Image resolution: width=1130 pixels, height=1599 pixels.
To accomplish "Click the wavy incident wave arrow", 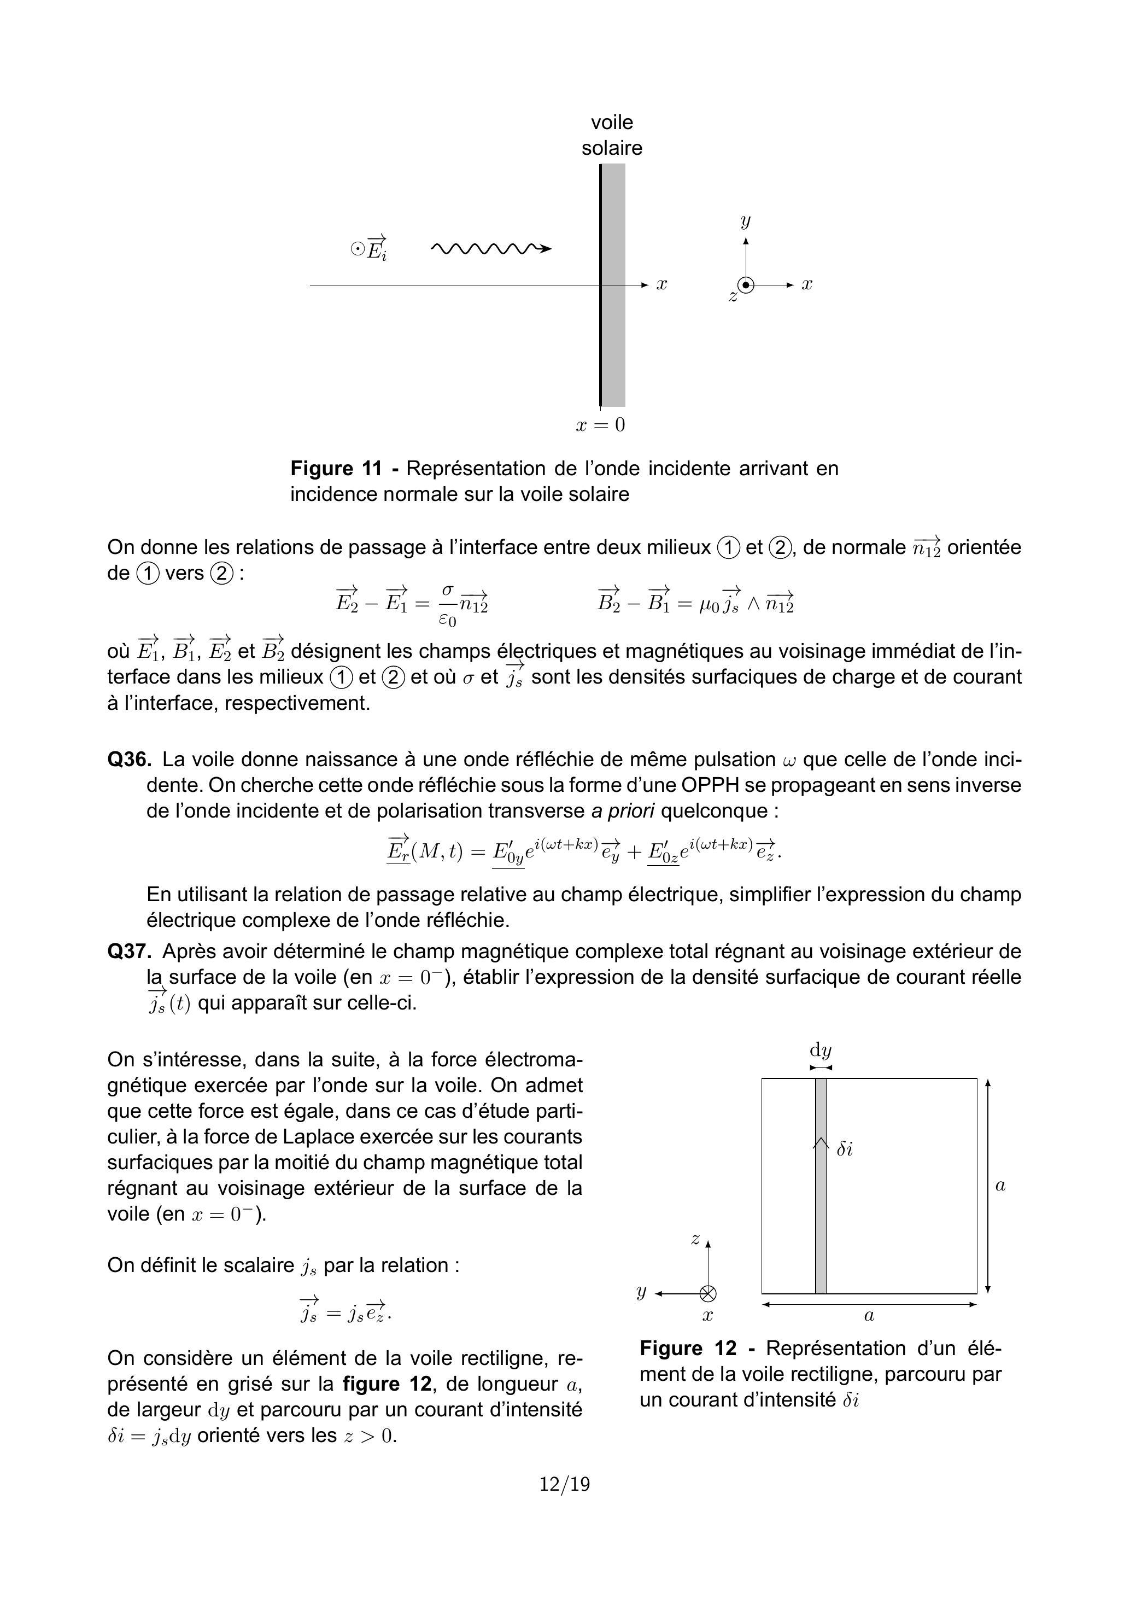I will pos(491,248).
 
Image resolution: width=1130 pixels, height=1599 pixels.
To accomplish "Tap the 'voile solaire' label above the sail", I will pos(612,135).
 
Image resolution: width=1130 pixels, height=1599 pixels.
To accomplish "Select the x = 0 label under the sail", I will pos(600,425).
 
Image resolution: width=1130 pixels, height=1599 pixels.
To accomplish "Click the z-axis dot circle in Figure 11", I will pos(746,285).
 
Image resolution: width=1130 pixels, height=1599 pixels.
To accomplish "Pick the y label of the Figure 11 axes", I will pos(746,221).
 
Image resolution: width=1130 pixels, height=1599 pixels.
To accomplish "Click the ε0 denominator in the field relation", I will pos(448,619).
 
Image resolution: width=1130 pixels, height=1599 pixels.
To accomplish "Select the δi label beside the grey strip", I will pos(845,1150).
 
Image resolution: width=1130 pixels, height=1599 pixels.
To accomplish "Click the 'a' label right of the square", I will pos(1000,1186).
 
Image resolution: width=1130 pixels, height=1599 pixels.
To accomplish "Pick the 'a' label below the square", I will pos(869,1316).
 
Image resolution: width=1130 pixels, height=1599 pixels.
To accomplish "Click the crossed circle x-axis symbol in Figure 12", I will pos(708,1293).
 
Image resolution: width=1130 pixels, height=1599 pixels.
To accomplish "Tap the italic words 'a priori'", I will pos(623,812).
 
